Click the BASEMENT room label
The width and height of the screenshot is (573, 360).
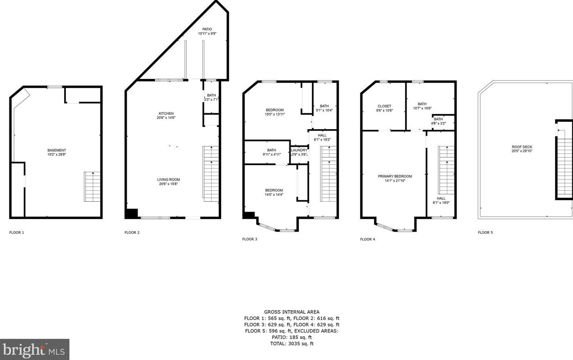coord(56,150)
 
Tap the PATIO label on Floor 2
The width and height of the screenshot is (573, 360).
coord(207,29)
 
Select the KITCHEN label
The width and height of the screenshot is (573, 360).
coord(166,114)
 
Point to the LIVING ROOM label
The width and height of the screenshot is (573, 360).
coord(168,180)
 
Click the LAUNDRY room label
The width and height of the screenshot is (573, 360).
coord(299,150)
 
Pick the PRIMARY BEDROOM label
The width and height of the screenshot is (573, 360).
coord(395,177)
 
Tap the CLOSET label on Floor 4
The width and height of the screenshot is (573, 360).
coord(385,106)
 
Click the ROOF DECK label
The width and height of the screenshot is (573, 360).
coord(522,147)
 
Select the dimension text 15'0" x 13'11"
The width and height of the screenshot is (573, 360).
coord(275,114)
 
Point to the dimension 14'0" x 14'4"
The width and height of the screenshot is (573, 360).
coord(274,195)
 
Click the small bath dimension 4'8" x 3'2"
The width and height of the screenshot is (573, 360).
coord(439,123)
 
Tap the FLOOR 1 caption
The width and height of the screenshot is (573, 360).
coord(17,233)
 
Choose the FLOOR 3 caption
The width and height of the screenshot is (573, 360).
coord(250,239)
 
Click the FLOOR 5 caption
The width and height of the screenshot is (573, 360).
coord(485,233)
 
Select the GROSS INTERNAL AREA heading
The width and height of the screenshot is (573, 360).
coord(292,312)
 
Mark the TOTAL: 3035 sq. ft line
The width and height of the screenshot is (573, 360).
coord(292,344)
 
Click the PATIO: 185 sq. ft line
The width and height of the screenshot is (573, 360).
coord(292,337)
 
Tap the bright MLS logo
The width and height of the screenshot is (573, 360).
coord(34,349)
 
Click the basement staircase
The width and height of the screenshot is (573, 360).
coord(92,187)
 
